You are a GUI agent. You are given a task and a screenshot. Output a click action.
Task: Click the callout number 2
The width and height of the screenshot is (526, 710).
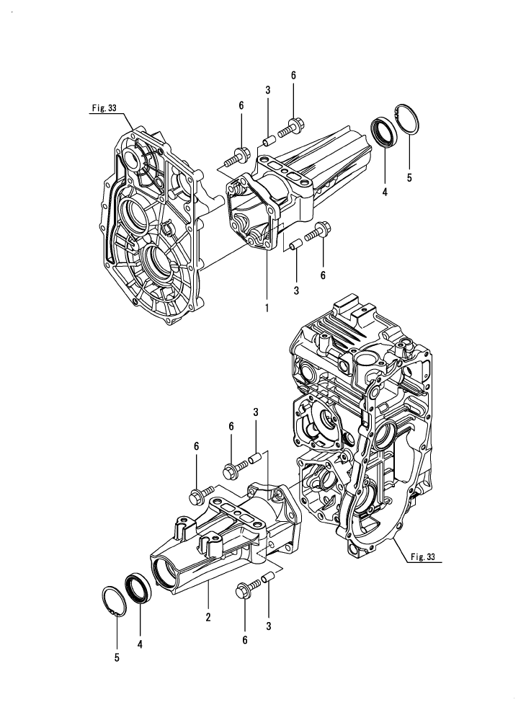(x=208, y=617)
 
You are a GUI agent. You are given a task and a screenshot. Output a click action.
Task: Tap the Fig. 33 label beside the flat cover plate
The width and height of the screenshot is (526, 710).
(x=104, y=108)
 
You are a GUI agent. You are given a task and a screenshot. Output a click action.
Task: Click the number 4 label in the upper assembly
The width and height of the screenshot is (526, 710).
(x=385, y=193)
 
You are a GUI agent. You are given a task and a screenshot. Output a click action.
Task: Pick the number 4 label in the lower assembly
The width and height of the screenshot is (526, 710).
(x=140, y=645)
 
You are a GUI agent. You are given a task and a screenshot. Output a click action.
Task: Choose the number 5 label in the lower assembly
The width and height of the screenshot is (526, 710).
(x=117, y=657)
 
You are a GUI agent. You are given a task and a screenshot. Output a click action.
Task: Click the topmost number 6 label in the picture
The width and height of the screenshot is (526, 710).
(x=293, y=75)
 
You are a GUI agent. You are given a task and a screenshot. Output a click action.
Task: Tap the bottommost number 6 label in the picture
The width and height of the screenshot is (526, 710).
(x=245, y=639)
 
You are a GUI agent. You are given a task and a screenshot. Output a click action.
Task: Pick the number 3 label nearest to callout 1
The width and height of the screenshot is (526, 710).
(x=296, y=290)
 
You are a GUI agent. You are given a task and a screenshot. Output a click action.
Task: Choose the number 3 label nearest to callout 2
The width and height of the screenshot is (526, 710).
(x=268, y=627)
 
